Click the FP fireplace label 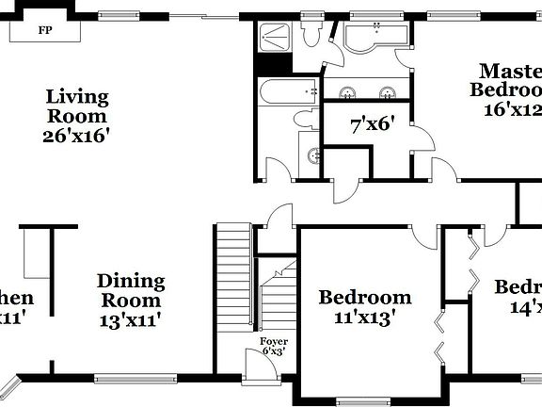coord(44,30)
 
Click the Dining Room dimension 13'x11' coord(132,319)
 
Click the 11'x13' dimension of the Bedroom coord(365,318)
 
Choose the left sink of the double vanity coord(348,91)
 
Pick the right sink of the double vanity coord(386,91)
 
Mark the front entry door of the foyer coord(254,363)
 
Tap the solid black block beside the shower coord(271,64)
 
